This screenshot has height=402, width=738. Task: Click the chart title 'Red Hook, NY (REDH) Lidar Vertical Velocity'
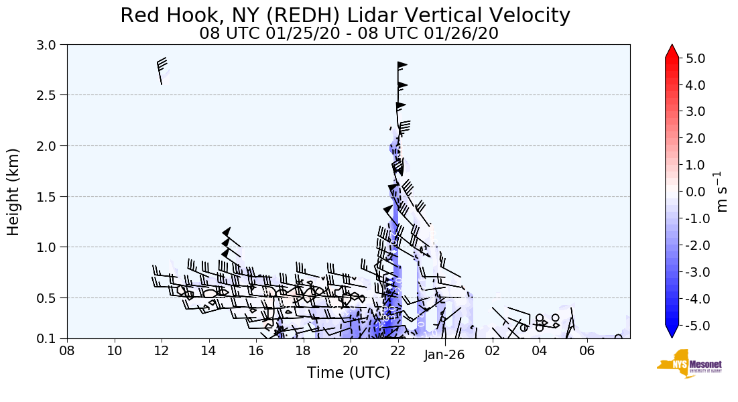(346, 15)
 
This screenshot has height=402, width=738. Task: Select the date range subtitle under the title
(349, 33)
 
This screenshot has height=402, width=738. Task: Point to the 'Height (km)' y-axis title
(14, 192)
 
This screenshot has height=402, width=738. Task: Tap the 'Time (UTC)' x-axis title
(349, 373)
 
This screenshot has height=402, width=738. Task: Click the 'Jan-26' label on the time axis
(444, 356)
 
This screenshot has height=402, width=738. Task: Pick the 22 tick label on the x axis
(397, 350)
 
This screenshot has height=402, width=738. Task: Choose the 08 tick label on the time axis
(67, 350)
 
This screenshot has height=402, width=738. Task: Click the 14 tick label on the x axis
(208, 350)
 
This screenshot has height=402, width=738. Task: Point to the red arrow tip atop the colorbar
(672, 51)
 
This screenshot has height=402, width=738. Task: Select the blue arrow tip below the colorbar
(672, 332)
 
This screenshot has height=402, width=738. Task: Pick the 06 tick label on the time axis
(587, 350)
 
